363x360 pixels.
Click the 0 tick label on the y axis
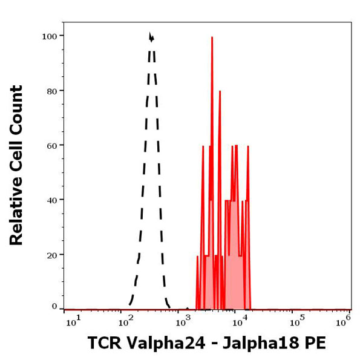[54, 307]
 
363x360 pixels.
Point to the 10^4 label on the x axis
[241, 319]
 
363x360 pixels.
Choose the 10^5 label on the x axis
[295, 319]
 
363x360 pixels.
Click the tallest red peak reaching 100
[212, 38]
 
